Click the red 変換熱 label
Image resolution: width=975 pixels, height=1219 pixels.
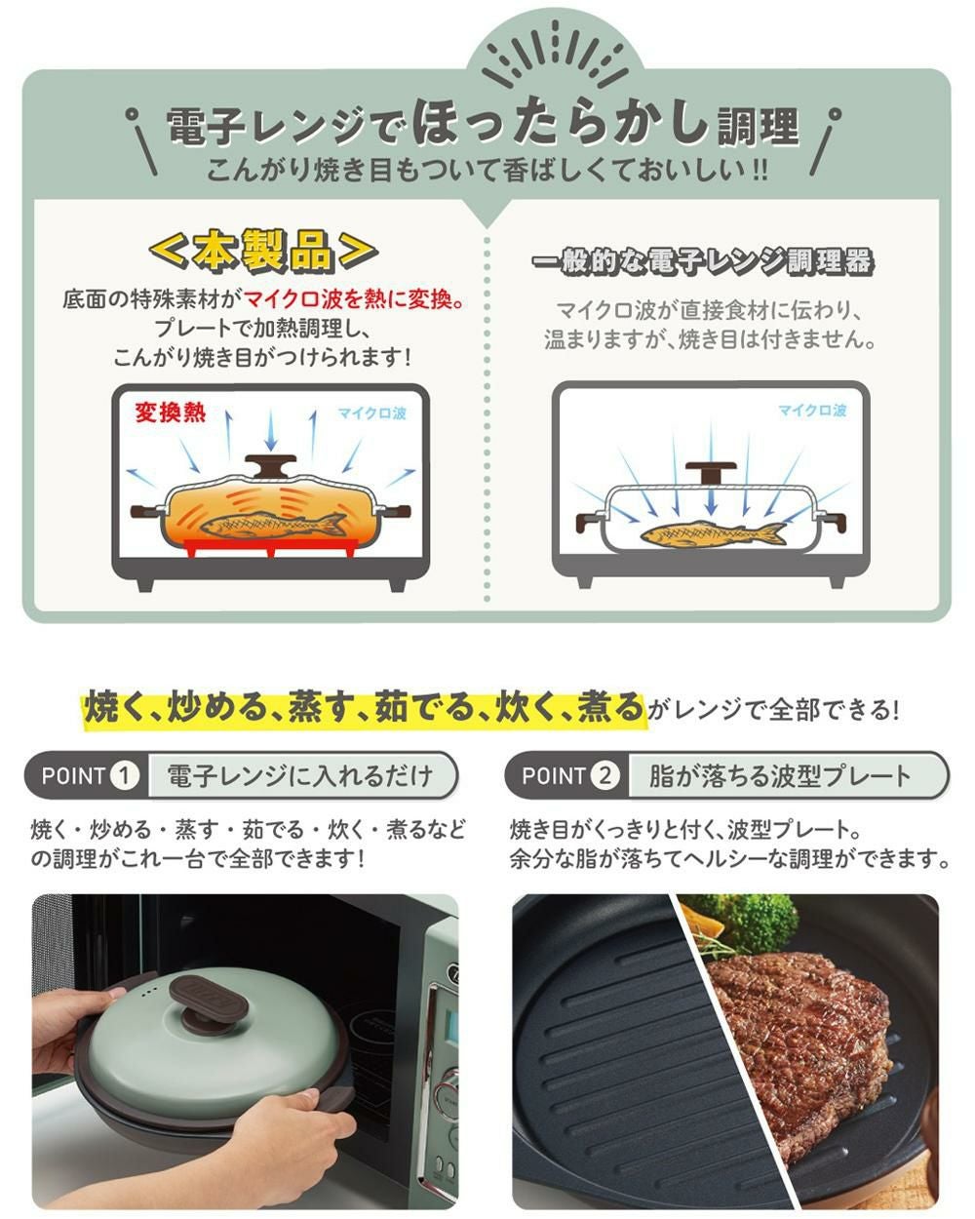(x=171, y=412)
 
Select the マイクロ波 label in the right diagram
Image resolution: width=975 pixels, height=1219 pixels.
(x=811, y=411)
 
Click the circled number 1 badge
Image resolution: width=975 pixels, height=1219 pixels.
(x=124, y=776)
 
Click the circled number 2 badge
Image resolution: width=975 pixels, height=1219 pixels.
(x=605, y=776)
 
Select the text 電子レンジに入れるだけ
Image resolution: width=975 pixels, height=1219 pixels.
(x=299, y=776)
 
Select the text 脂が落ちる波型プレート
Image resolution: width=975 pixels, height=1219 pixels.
(x=780, y=776)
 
